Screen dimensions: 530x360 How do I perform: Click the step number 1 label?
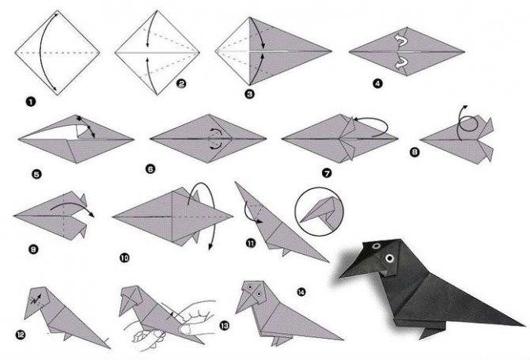31,101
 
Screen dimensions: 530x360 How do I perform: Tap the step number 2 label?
181,84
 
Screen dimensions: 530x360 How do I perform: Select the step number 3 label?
249,93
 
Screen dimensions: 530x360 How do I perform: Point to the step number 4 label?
377,83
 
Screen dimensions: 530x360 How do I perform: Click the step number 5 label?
36,174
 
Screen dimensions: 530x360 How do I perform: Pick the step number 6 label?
150,169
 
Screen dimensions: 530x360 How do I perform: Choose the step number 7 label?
327,173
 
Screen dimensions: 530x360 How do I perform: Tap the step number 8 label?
415,152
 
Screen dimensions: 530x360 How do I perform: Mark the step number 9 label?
33,249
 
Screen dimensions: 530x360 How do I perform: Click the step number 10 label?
124,258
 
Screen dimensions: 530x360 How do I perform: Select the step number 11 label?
251,243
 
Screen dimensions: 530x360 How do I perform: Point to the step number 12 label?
21,335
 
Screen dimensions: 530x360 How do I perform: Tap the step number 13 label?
224,325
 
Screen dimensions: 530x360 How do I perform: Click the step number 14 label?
301,292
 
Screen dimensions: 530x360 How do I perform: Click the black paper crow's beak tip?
339,277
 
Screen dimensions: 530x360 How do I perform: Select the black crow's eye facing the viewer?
389,259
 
